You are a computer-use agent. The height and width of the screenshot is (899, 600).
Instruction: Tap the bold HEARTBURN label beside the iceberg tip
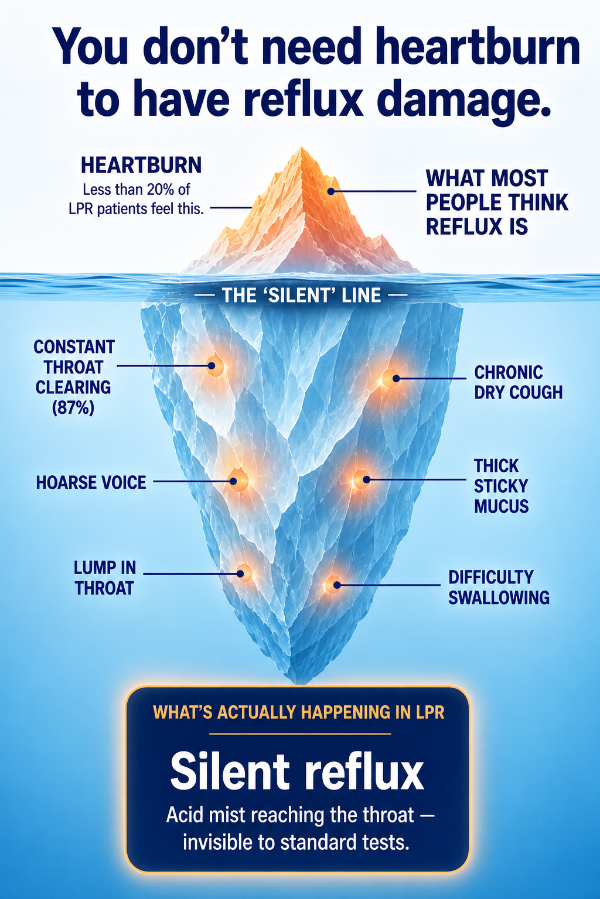(x=141, y=166)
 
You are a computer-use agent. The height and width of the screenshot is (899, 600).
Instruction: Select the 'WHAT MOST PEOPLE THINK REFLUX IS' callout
(x=497, y=203)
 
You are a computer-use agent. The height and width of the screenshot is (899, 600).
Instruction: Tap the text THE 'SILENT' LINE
(x=301, y=295)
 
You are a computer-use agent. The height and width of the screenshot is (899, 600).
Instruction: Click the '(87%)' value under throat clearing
(x=73, y=408)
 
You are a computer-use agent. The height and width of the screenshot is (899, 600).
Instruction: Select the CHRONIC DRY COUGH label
(x=519, y=382)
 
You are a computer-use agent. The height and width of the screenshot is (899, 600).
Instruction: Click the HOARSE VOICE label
(x=91, y=482)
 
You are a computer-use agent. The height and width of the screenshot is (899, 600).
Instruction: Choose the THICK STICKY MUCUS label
(x=501, y=486)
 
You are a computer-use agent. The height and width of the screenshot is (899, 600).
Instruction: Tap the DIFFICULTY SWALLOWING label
(x=499, y=587)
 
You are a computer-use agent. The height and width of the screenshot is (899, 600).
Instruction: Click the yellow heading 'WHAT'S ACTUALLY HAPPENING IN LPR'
(x=299, y=712)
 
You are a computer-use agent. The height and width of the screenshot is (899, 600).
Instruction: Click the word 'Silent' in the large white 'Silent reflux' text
(x=230, y=771)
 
